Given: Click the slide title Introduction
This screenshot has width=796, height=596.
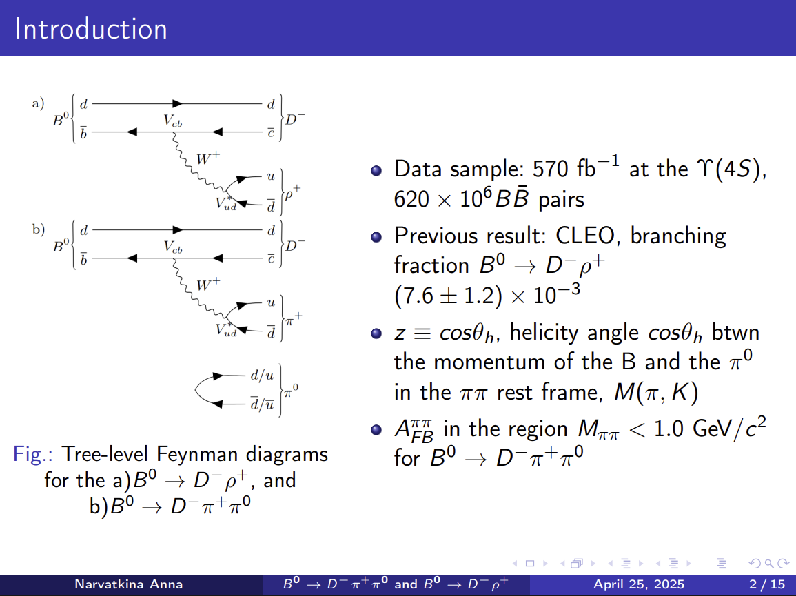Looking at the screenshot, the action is point(91,28).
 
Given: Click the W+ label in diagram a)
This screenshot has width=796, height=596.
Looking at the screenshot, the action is point(208,158).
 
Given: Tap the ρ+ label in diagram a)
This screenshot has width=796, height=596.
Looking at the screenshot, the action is point(293,194).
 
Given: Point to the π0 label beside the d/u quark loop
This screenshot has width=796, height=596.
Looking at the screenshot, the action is point(292,391).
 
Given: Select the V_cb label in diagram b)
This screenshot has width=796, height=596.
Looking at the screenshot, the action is point(172,247).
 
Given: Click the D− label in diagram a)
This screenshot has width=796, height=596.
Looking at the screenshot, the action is point(295,120).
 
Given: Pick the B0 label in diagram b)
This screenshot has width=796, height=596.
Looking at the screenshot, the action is point(61,246).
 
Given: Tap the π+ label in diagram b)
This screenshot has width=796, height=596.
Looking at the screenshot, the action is point(294,319).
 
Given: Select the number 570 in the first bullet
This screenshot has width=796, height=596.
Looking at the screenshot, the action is point(551,169).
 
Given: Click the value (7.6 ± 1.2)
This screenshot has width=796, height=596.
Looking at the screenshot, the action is point(448,296).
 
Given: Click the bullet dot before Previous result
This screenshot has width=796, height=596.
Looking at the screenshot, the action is point(376,237).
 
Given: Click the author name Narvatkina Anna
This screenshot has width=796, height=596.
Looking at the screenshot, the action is point(128,584).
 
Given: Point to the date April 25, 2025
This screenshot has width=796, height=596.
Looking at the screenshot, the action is point(639,585).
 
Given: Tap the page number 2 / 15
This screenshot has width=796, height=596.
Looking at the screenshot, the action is point(767,585).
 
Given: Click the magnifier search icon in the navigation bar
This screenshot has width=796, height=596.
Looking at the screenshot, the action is point(769,564).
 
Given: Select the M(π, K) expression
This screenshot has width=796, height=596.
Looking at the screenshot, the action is point(656,393).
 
